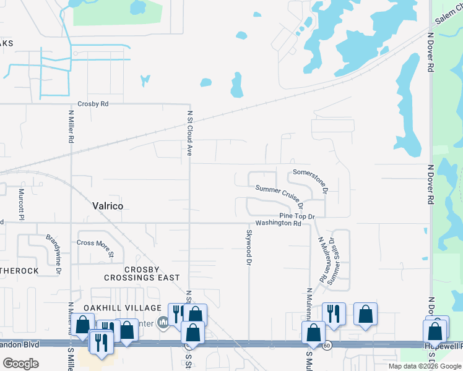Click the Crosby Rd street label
93,104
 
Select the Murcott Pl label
21,204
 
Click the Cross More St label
95,248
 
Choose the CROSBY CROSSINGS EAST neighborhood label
152,274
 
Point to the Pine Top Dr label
297,216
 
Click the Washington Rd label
278,223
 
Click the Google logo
20,364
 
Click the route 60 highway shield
327,345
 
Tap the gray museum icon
163,322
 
